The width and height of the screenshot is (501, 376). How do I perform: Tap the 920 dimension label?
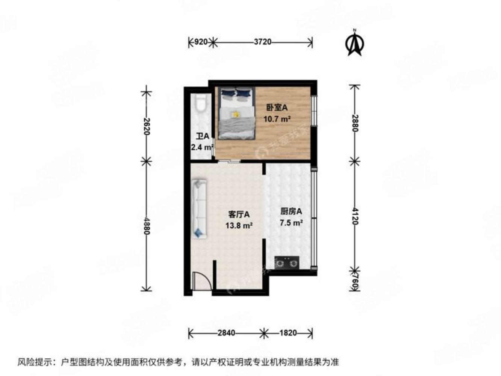[201, 42]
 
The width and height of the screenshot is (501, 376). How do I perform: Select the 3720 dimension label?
[262, 42]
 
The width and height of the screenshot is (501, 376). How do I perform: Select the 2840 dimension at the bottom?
[226, 333]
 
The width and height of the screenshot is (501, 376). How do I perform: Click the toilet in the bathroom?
[200, 103]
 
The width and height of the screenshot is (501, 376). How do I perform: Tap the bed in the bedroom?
[236, 113]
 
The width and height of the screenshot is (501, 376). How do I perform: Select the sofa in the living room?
[199, 209]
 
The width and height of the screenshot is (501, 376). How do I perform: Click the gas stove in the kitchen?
[287, 262]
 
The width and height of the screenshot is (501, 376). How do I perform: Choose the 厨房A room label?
[291, 212]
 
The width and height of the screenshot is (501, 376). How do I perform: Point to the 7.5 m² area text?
[291, 223]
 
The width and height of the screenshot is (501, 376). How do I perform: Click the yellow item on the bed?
[236, 114]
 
